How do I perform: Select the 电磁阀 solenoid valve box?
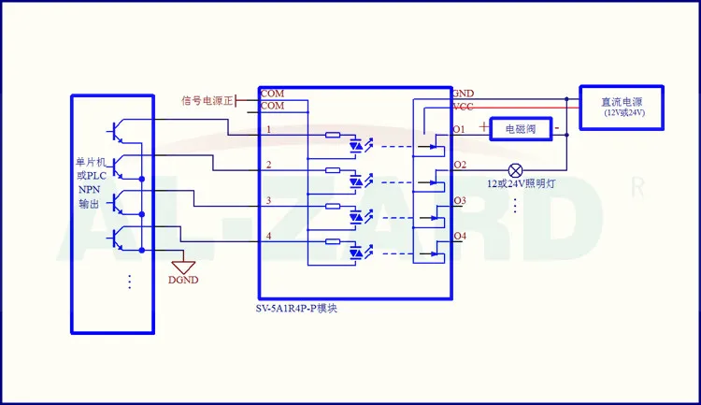click(x=521, y=128)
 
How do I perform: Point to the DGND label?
click(x=182, y=280)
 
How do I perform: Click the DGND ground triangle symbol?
click(x=183, y=267)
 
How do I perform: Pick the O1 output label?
click(x=459, y=129)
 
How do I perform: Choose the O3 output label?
click(x=459, y=201)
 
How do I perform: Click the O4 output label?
click(x=459, y=236)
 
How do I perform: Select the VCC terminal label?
click(x=463, y=107)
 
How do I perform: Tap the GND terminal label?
click(x=463, y=94)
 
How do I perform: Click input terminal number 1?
click(x=268, y=129)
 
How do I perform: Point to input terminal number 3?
click(x=268, y=201)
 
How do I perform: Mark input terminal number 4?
click(x=268, y=237)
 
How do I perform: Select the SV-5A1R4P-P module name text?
click(x=297, y=309)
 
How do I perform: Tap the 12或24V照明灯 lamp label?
click(x=522, y=184)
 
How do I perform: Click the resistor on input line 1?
click(x=333, y=136)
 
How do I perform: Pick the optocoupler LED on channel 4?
click(x=356, y=253)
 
